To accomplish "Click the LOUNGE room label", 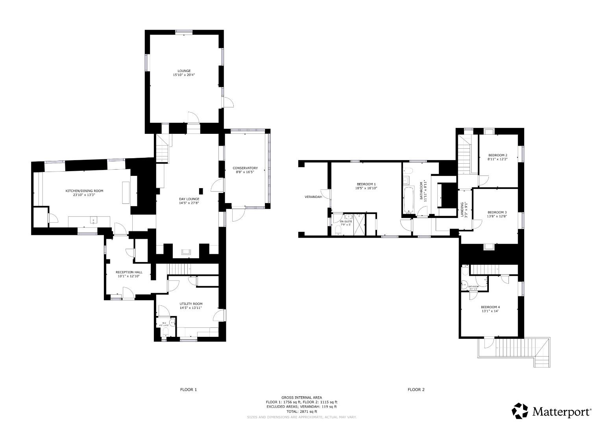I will click(184, 71).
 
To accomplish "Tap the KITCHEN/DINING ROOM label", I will click(84, 191).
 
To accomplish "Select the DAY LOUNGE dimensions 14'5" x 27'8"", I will click(189, 203).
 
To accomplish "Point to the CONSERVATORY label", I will click(245, 168).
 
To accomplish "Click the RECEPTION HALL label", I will click(129, 272).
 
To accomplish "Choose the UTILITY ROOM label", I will click(191, 304).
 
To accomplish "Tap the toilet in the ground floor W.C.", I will click(165, 334).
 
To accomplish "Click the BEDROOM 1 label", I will click(366, 184).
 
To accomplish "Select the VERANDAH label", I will click(313, 197).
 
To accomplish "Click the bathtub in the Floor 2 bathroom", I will click(409, 200).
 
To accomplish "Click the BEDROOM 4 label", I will click(490, 307).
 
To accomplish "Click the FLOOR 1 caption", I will click(188, 390).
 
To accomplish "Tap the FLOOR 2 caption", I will click(416, 390).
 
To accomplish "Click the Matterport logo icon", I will click(520, 411).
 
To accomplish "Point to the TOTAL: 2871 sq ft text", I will click(301, 411).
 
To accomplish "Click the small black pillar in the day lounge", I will click(201, 191).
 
